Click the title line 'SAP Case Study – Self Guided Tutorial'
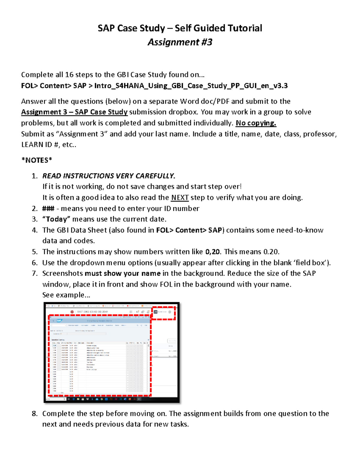[x=180, y=28]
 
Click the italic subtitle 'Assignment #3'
[x=180, y=42]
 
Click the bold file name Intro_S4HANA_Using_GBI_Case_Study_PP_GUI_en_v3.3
[x=191, y=86]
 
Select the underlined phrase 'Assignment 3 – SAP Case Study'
[x=74, y=112]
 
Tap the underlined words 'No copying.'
[x=256, y=123]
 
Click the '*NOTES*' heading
[x=37, y=160]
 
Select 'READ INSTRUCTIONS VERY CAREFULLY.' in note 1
[x=109, y=176]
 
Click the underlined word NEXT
[x=180, y=198]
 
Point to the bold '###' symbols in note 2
[x=48, y=209]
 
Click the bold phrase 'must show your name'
[x=122, y=273]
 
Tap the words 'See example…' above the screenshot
[x=66, y=295]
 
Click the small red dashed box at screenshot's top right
[x=163, y=313]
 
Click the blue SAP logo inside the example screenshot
[x=59, y=321]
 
